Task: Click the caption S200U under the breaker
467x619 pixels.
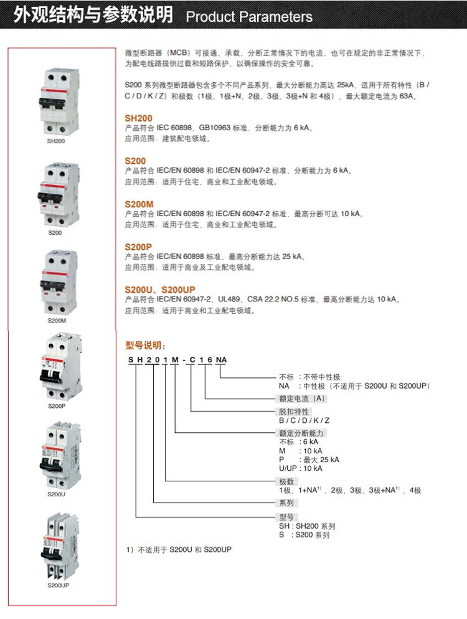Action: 57,494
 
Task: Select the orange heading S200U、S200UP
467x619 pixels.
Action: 160,290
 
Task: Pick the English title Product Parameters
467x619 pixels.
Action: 249,17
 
